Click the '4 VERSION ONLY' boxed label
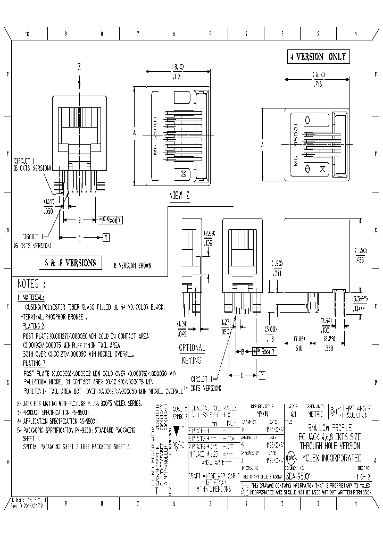(318, 57)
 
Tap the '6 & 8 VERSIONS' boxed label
(70, 262)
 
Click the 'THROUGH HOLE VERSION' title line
(330, 445)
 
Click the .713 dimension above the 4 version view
(318, 83)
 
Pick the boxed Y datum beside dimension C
(106, 238)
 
